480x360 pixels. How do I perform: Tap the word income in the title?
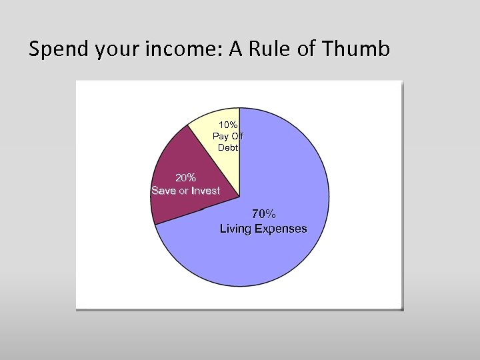pos(191,49)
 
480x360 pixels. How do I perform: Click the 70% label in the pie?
pos(263,214)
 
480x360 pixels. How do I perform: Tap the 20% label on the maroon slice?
pos(185,178)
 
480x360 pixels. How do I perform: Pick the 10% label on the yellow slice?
pos(228,125)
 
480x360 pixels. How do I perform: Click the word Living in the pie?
pos(237,229)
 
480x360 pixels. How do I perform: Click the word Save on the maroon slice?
pos(164,191)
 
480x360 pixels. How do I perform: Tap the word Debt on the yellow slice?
pos(228,147)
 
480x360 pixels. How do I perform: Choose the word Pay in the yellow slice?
pos(221,136)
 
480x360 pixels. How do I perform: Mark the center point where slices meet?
pos(239,197)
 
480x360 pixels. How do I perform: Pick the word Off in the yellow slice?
pos(237,136)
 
